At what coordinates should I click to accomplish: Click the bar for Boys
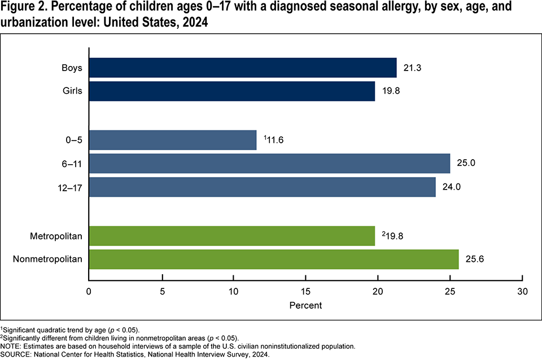click(x=243, y=68)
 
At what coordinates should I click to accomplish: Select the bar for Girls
click(x=231, y=91)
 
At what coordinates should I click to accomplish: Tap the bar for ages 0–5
click(x=172, y=140)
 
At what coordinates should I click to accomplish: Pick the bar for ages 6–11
click(x=269, y=164)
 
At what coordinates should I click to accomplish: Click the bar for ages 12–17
click(x=262, y=187)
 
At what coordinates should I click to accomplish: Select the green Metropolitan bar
click(x=231, y=236)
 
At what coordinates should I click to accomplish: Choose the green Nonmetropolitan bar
click(x=274, y=260)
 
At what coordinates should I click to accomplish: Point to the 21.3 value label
click(x=413, y=68)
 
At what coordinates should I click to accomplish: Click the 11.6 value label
click(x=274, y=140)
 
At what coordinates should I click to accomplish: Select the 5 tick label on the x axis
click(x=162, y=293)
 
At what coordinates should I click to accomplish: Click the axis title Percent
click(x=305, y=306)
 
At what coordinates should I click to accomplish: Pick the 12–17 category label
click(x=70, y=187)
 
